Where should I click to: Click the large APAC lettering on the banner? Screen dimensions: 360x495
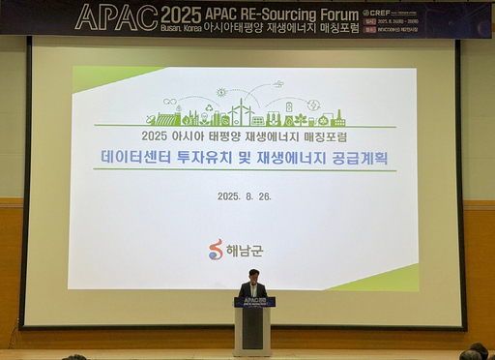coord(116,16)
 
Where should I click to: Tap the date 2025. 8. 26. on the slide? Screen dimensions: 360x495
coord(244,195)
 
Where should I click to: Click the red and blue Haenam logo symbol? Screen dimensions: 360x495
coord(216,249)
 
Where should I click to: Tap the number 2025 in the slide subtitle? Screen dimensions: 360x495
coord(155,135)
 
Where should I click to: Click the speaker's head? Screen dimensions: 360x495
coord(253,276)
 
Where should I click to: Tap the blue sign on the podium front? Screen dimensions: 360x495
coord(253,302)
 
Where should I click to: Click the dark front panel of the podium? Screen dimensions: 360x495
coord(252,329)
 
